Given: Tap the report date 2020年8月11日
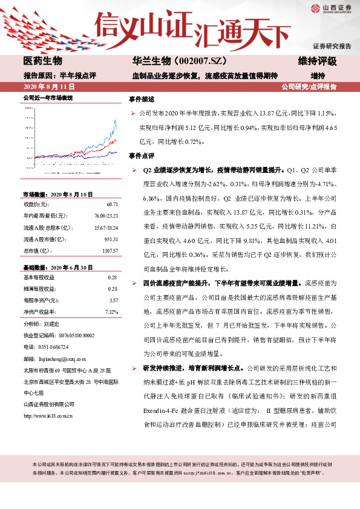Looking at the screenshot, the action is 48,87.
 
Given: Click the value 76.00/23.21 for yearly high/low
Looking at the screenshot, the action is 105,216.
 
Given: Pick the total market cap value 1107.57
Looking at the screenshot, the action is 108,250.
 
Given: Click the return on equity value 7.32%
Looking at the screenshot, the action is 111,311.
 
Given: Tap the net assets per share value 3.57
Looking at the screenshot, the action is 113,300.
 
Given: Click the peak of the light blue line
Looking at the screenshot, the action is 115,120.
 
